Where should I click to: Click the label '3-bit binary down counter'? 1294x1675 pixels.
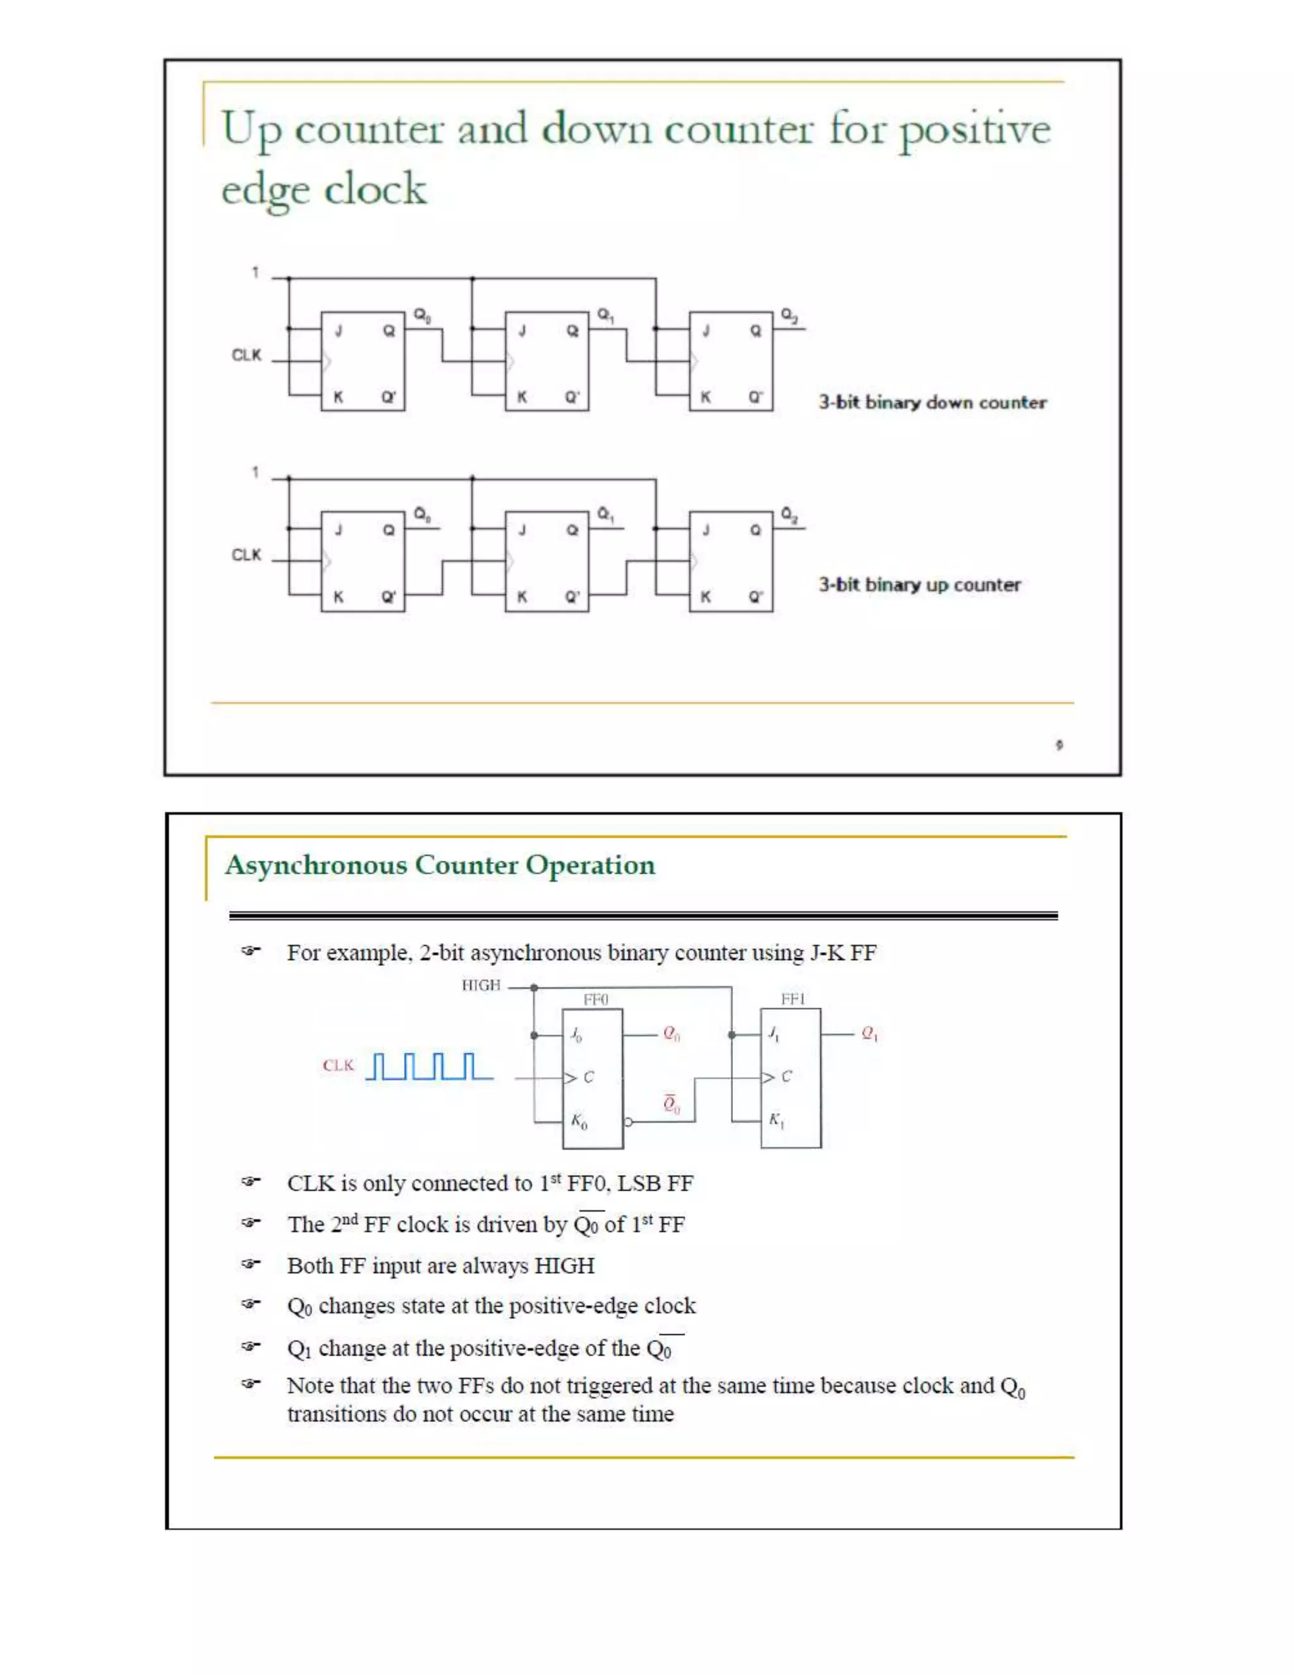[x=931, y=403]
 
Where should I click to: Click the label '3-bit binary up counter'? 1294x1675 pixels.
[x=919, y=585]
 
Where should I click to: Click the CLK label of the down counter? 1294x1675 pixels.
[x=246, y=355]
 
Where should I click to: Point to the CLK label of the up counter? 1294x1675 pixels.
[x=246, y=554]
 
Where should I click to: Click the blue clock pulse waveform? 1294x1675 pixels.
[x=428, y=1066]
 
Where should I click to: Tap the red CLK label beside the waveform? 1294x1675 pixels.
[x=338, y=1065]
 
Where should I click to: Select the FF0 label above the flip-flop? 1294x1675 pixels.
[x=596, y=999]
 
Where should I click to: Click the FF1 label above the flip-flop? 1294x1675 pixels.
[x=793, y=999]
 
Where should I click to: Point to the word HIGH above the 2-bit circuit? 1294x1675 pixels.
[x=481, y=985]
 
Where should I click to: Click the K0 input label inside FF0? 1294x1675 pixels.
[x=579, y=1121]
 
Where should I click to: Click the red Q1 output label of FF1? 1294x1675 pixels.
[x=869, y=1034]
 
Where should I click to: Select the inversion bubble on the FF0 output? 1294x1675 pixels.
[x=628, y=1122]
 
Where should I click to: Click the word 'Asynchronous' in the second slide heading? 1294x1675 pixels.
[x=315, y=865]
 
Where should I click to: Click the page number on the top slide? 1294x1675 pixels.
[x=1059, y=744]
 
